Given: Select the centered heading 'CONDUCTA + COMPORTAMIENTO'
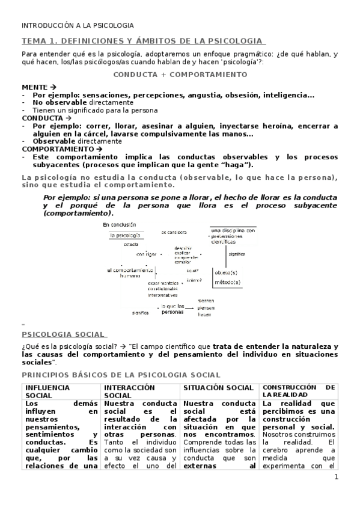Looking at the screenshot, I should click(180, 75).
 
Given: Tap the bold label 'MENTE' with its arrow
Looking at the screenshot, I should click(38, 87).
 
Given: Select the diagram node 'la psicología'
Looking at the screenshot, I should click(125, 236).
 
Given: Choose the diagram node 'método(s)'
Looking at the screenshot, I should click(227, 281).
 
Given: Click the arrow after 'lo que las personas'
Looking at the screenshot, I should click(192, 308).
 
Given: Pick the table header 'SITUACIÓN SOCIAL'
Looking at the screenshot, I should click(218, 387).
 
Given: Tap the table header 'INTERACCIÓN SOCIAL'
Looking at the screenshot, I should click(129, 392).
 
